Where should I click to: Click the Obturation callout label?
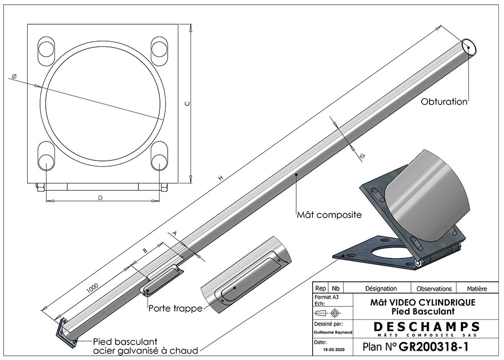(x=444, y=101)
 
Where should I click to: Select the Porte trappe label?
(x=175, y=309)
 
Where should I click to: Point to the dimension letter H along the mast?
(x=221, y=178)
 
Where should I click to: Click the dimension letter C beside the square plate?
(x=188, y=103)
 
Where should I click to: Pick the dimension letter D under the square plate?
(x=101, y=197)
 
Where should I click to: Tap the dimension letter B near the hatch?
(x=145, y=250)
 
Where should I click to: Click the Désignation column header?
(x=381, y=289)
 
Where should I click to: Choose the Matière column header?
(x=477, y=289)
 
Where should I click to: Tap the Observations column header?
(x=434, y=289)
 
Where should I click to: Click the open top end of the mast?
(x=469, y=47)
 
